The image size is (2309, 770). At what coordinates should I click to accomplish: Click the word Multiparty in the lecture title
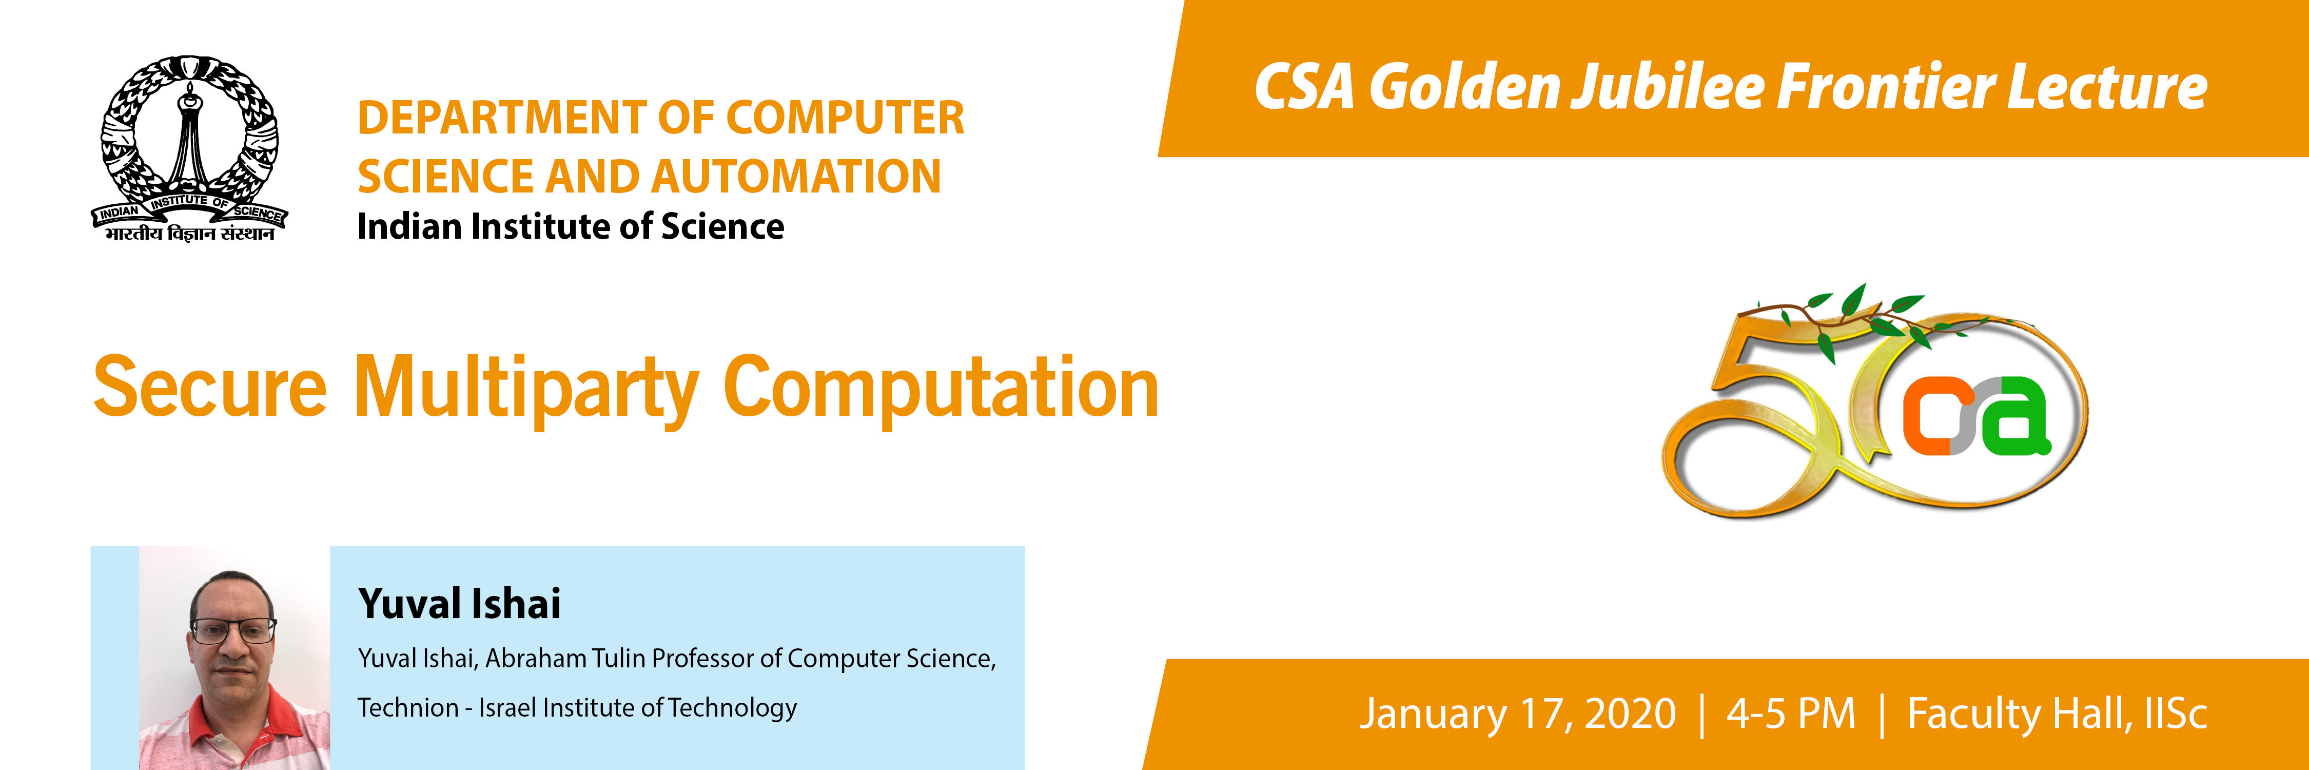pos(527,390)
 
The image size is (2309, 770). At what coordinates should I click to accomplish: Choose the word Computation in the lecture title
pos(941,390)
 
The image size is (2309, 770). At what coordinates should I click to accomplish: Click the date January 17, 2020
pos(1517,714)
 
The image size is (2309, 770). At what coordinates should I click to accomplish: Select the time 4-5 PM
pos(1791,714)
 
